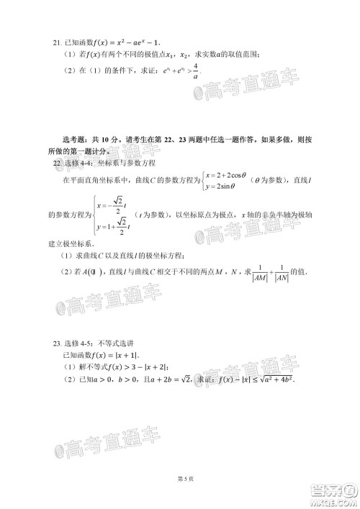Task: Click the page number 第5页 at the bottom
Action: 179,478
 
